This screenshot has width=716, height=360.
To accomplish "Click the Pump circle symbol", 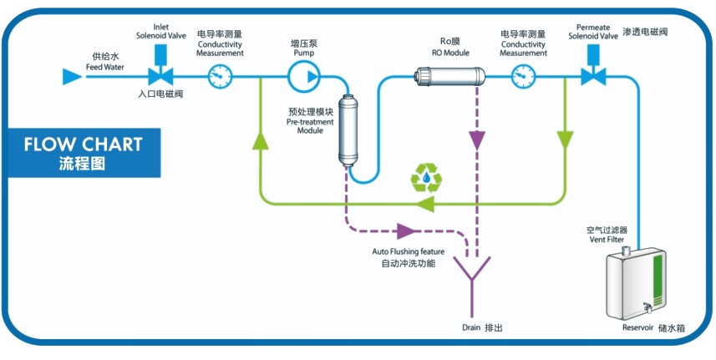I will [303, 78].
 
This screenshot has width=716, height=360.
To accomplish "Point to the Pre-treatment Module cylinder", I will [349, 132].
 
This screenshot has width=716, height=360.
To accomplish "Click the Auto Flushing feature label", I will [408, 251].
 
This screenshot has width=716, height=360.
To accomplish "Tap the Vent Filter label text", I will [607, 240].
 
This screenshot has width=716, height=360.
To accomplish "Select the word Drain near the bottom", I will [472, 327].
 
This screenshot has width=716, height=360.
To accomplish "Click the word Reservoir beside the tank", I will [642, 327].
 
